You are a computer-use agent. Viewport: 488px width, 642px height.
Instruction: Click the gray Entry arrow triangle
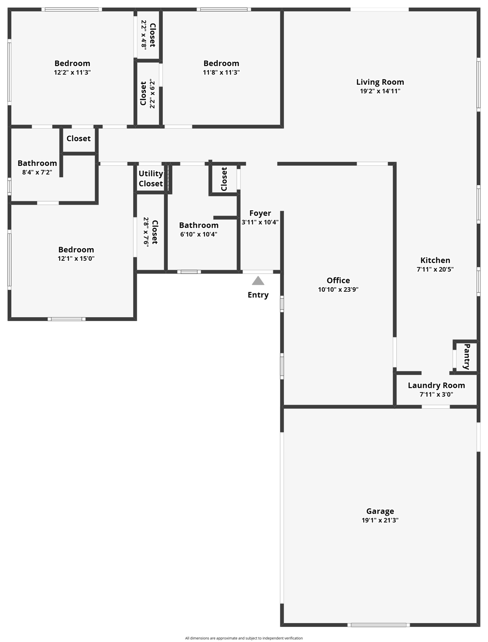click(x=258, y=281)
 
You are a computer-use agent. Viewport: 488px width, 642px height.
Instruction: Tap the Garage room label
click(x=380, y=511)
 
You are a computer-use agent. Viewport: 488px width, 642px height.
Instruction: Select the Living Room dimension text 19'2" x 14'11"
click(x=380, y=91)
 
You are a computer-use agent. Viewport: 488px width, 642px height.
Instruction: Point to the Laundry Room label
click(x=436, y=385)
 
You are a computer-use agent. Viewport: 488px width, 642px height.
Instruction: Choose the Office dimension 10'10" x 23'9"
click(x=338, y=289)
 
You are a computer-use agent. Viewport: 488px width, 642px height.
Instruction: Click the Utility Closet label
click(x=151, y=178)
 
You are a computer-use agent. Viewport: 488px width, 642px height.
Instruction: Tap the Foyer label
click(x=260, y=213)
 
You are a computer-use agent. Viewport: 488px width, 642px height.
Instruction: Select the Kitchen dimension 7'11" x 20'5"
click(x=435, y=270)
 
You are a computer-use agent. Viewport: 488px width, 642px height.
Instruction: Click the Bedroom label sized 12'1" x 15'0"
click(x=76, y=250)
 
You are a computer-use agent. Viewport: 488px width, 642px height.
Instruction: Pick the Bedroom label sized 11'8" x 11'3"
click(x=221, y=63)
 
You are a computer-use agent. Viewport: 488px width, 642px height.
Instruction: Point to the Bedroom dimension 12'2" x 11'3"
click(x=72, y=72)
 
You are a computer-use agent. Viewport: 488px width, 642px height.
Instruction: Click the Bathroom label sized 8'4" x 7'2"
click(x=37, y=163)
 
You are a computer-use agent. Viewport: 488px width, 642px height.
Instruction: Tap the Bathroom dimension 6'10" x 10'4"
click(x=199, y=234)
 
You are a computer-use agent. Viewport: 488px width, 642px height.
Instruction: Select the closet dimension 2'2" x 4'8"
click(x=144, y=34)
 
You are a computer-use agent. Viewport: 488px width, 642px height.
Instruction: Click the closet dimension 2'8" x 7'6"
click(x=146, y=232)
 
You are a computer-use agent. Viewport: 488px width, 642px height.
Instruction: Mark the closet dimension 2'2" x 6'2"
click(x=152, y=94)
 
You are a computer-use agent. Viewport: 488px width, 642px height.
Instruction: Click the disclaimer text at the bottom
click(x=244, y=638)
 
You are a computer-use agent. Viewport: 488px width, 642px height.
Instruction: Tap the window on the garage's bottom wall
click(x=379, y=625)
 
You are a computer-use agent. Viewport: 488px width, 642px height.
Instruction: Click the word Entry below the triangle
click(x=258, y=295)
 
